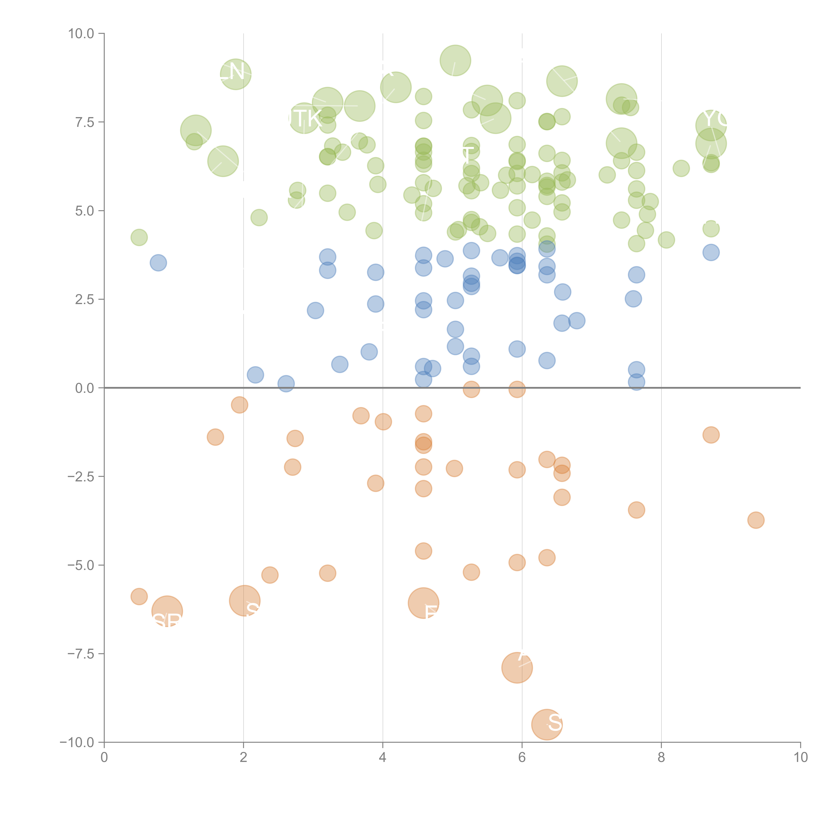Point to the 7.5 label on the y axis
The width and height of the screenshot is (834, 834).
pos(85,122)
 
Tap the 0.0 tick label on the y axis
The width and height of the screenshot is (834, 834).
pos(85,388)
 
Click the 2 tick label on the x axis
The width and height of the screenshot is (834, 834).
pos(244,758)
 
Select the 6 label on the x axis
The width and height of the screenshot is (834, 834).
pos(522,758)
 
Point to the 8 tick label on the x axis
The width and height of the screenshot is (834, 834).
pos(661,758)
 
